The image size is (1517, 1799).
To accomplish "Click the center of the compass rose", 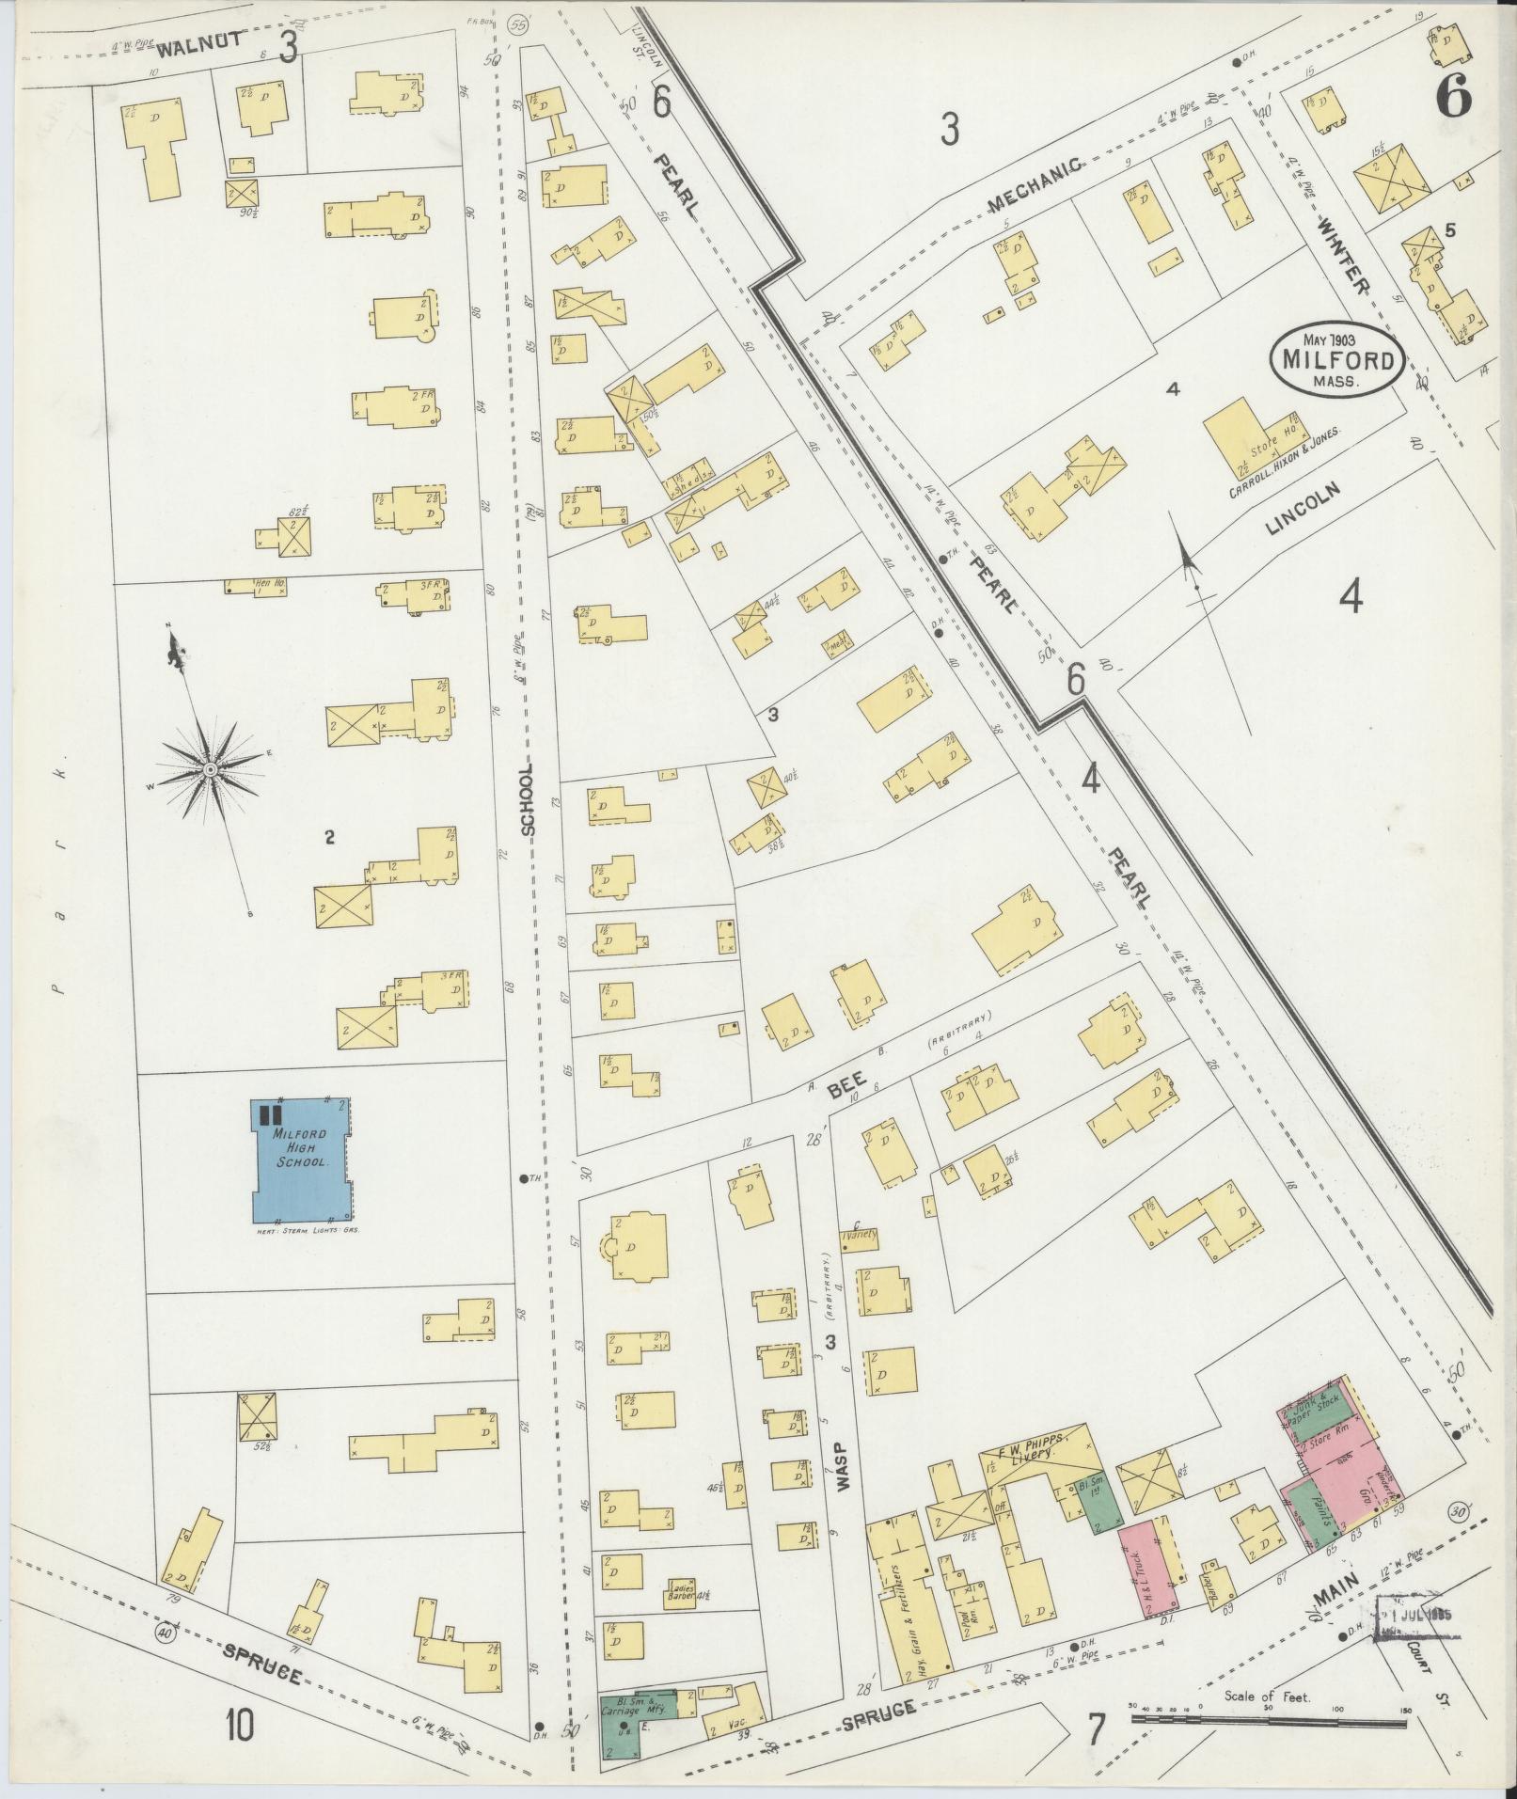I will coord(211,770).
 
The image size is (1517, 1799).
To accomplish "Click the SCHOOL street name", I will coord(527,799).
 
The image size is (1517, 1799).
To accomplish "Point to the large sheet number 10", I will coord(239,1726).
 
